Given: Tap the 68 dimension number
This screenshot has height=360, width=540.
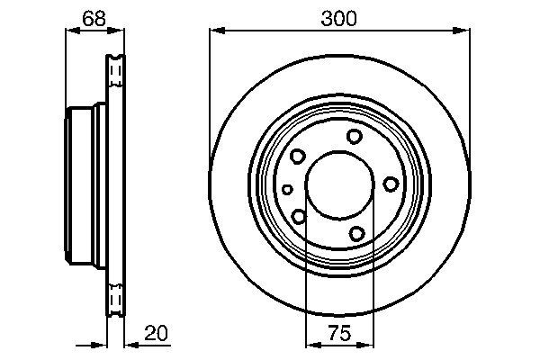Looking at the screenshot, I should point(91,18).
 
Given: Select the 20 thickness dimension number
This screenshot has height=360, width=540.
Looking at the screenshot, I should point(157,332).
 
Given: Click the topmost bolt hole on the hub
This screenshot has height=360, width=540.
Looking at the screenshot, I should point(354,136).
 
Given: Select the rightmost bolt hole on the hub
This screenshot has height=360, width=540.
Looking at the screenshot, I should point(391,184).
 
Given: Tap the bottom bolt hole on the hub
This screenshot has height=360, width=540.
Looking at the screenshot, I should point(356,234).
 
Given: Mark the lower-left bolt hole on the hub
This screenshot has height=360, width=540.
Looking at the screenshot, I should point(299,216).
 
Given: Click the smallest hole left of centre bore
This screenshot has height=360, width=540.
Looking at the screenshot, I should point(286,189).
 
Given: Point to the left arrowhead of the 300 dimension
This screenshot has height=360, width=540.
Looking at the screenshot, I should point(215,31).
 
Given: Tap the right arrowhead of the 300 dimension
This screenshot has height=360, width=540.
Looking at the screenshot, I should point(465,31).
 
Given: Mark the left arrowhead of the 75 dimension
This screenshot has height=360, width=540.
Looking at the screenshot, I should point(310,344).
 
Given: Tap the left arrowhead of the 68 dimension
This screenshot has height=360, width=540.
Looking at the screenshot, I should point(71,31).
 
